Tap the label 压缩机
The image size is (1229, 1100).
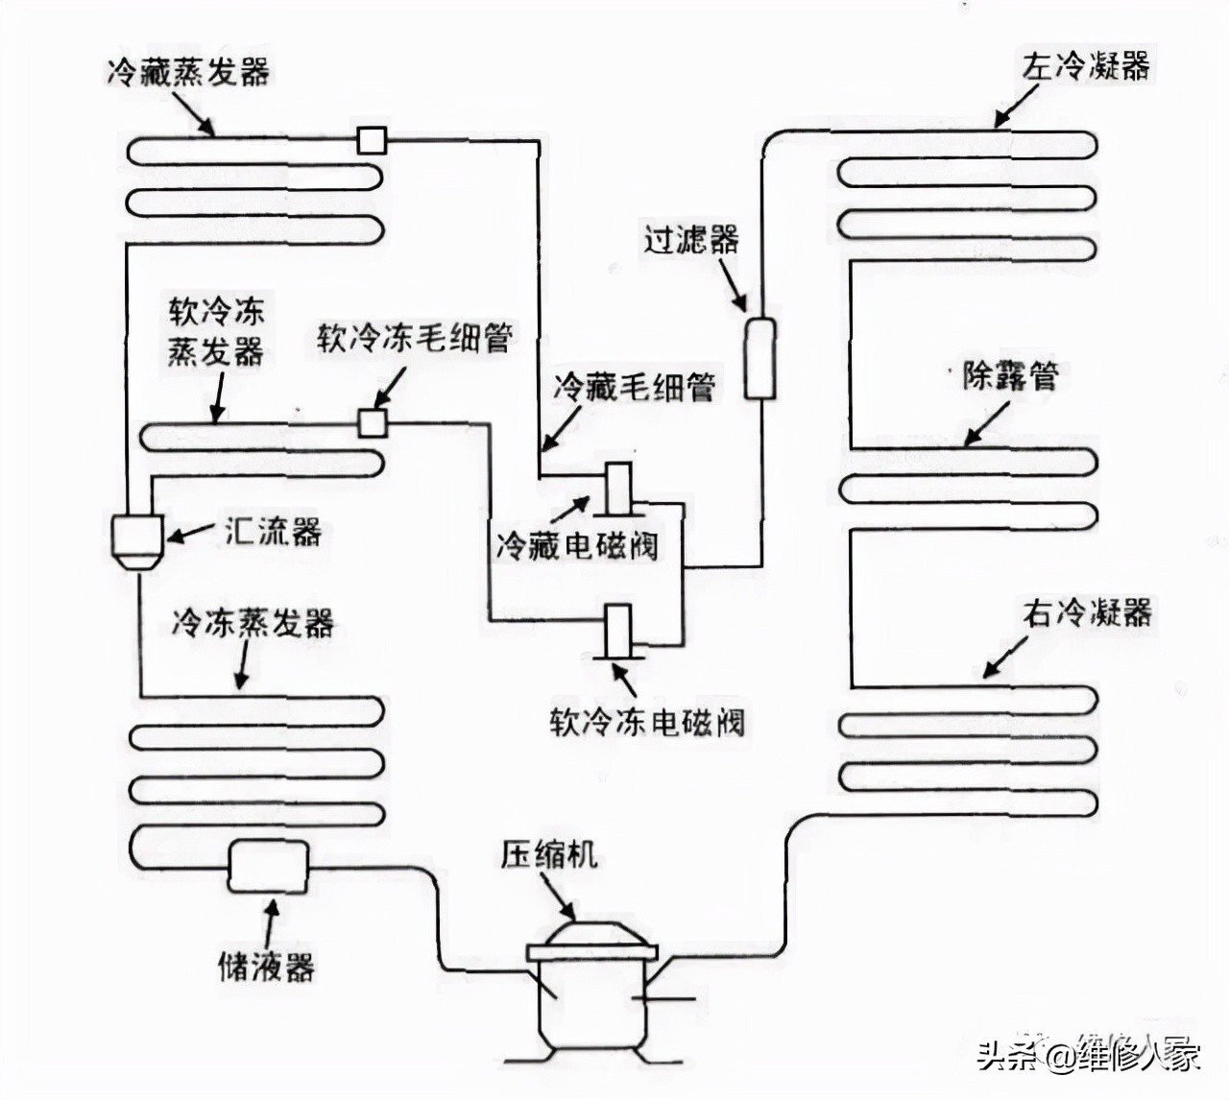(x=548, y=853)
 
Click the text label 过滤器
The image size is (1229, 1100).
(x=690, y=238)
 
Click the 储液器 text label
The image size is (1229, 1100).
(x=266, y=965)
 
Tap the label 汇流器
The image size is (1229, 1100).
(x=273, y=531)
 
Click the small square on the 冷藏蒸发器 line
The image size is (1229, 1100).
(x=372, y=140)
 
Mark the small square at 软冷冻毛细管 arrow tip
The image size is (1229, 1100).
(x=372, y=422)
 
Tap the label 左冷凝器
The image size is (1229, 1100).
(x=1085, y=66)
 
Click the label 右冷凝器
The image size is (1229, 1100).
(x=1087, y=611)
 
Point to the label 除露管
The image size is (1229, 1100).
(x=1009, y=374)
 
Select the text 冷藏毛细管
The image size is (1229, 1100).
(x=634, y=387)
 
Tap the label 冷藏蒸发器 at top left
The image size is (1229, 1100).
(x=188, y=72)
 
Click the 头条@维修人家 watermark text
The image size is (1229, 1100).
(x=1089, y=1056)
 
